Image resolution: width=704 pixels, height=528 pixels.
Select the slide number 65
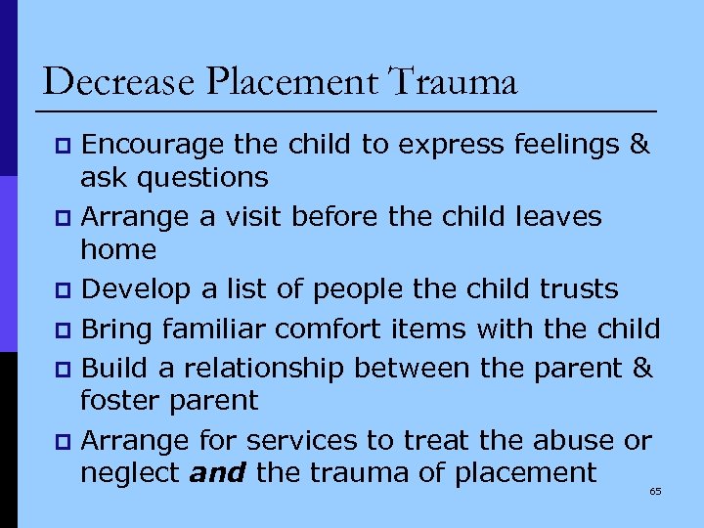tap(655, 491)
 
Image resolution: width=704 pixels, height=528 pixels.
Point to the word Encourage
tap(154, 146)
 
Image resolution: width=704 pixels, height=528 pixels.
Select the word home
tap(118, 249)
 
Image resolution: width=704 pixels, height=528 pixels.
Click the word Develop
tap(132, 289)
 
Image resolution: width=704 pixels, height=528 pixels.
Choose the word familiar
tap(221, 329)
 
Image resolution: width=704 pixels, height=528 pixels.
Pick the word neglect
tap(129, 473)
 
